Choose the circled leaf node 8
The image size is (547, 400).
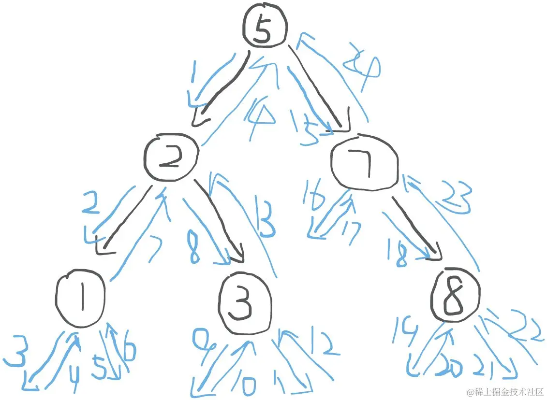click(455, 295)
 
